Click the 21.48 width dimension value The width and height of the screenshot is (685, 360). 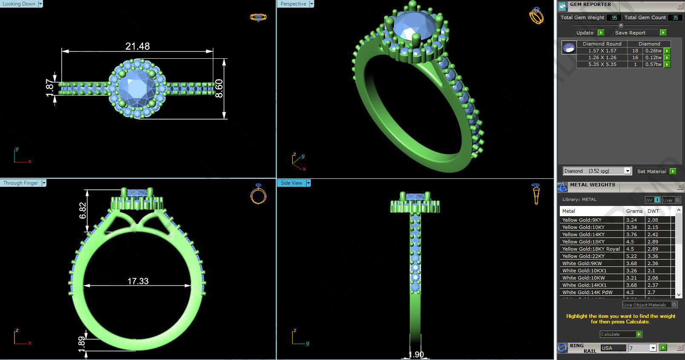click(138, 46)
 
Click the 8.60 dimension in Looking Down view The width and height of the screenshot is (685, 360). click(219, 89)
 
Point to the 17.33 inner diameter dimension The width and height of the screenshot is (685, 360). click(138, 281)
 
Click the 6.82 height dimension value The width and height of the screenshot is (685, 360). click(83, 210)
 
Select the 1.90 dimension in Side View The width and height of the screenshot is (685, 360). click(416, 354)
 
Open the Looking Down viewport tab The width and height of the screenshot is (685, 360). click(19, 4)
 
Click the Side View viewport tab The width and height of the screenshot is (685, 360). click(292, 183)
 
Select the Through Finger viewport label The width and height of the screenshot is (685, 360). click(21, 183)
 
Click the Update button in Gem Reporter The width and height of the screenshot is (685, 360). click(585, 33)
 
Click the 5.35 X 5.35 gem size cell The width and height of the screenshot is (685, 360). click(602, 64)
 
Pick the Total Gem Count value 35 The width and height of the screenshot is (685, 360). click(675, 17)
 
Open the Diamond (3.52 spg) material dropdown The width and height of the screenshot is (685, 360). click(596, 171)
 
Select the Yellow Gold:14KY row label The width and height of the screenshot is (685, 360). click(583, 234)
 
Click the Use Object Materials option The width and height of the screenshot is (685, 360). click(645, 305)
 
